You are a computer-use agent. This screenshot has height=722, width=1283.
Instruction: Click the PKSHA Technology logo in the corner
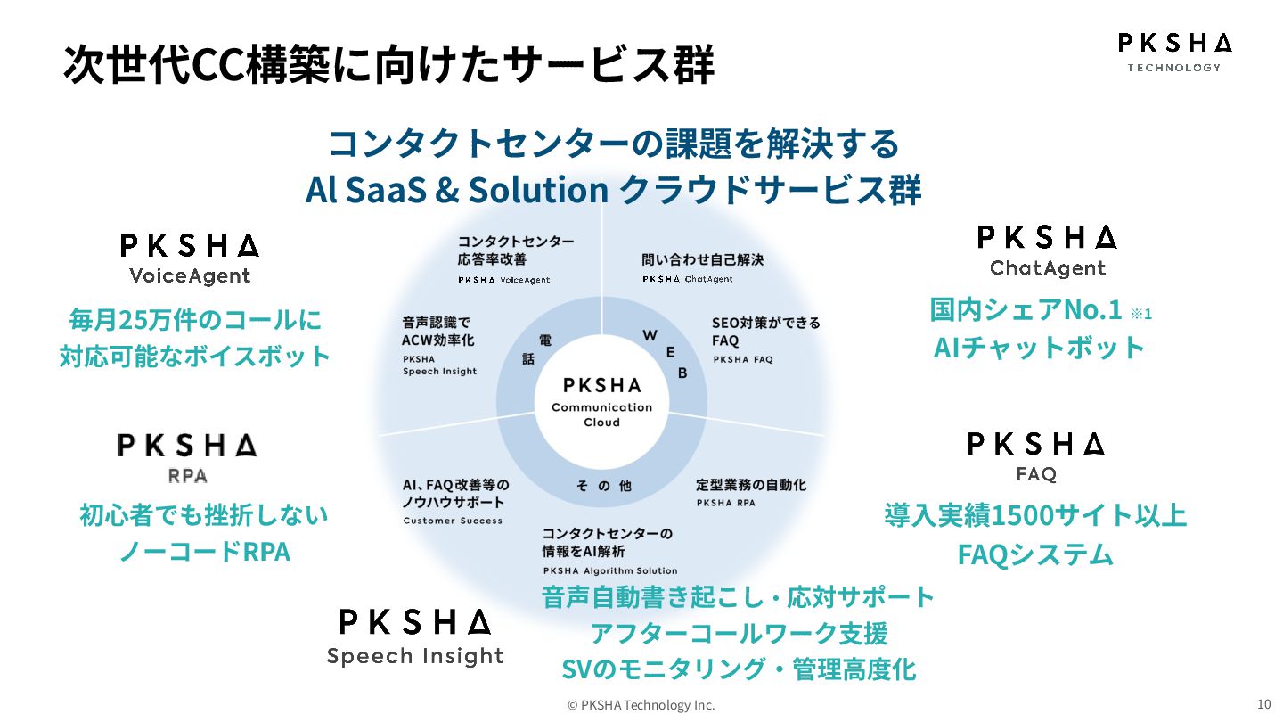click(x=1174, y=53)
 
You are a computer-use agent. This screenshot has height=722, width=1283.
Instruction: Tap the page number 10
click(x=1263, y=702)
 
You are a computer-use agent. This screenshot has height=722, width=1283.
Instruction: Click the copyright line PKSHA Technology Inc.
click(x=641, y=705)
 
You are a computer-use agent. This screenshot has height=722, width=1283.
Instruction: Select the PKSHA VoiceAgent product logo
click(x=190, y=258)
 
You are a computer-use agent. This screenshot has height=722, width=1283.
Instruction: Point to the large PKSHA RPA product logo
click(x=187, y=458)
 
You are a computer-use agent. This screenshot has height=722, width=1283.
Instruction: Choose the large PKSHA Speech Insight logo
click(x=415, y=637)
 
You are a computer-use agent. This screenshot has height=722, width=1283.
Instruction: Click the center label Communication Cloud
click(x=601, y=414)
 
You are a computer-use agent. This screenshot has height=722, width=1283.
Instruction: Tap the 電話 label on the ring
click(x=536, y=349)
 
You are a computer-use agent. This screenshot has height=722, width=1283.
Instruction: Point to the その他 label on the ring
click(x=603, y=486)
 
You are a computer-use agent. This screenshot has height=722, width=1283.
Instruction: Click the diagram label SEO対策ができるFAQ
click(x=765, y=332)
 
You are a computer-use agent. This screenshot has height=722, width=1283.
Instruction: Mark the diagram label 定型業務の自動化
click(x=750, y=486)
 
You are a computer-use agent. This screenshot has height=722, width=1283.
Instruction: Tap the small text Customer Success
click(x=453, y=521)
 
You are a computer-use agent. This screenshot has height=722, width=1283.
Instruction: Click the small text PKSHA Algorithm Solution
click(x=610, y=570)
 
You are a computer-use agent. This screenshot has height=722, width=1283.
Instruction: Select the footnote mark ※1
click(x=1141, y=314)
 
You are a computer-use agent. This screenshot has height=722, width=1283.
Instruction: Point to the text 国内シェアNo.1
click(x=1025, y=310)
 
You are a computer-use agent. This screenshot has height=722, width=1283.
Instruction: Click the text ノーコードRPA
click(x=205, y=552)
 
